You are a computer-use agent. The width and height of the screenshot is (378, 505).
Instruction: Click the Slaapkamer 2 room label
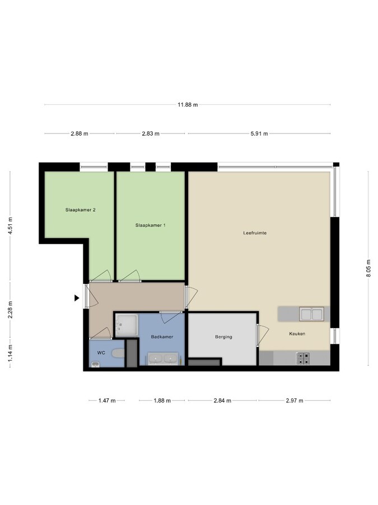[x=80, y=210]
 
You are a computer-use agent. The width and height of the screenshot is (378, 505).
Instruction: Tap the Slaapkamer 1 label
[x=150, y=225]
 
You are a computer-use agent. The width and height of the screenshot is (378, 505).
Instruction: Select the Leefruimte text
[x=255, y=233]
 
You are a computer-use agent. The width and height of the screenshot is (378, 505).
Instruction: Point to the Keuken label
[x=297, y=334]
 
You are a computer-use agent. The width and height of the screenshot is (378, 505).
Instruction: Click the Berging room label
[x=223, y=337]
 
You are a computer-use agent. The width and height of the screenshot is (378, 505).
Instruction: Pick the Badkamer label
[x=162, y=337]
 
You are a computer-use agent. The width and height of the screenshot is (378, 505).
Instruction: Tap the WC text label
[x=101, y=352]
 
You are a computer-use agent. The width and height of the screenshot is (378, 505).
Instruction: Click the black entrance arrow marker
[x=77, y=299]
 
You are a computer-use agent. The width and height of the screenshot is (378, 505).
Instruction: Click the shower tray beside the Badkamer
[x=126, y=325]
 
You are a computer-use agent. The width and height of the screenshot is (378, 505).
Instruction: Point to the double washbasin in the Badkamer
[x=163, y=357]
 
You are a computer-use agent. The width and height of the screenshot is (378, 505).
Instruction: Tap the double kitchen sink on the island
[x=311, y=314]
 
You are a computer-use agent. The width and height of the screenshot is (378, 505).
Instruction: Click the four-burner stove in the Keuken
[x=303, y=358]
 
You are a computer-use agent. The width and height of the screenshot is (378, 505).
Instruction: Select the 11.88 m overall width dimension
[x=188, y=104]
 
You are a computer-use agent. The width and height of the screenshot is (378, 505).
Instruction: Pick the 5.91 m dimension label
[x=258, y=134]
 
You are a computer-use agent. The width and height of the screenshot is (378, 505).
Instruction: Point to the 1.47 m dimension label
[x=106, y=401]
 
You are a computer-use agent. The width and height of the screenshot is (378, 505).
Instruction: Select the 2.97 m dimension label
[x=293, y=401]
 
